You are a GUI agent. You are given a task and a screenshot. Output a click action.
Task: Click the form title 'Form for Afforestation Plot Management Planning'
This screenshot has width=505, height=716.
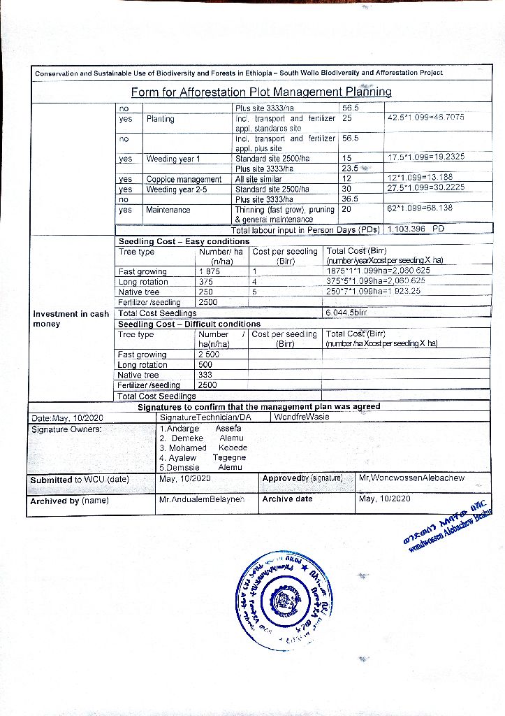pyautogui.click(x=261, y=92)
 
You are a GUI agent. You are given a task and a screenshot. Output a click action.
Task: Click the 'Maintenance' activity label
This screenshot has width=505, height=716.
pyautogui.click(x=168, y=210)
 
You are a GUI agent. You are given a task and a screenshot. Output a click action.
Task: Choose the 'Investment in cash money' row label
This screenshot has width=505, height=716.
pyautogui.click(x=71, y=319)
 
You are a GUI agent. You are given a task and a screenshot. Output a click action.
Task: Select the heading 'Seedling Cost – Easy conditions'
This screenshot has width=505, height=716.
pyautogui.click(x=179, y=241)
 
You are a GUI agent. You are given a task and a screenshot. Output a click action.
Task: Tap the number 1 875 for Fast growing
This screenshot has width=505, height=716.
pyautogui.click(x=210, y=271)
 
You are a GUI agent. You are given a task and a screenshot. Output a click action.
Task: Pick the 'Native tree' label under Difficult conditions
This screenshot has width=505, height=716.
pyautogui.click(x=138, y=375)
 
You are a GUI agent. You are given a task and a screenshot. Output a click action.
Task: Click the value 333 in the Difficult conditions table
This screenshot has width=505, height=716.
pyautogui.click(x=205, y=375)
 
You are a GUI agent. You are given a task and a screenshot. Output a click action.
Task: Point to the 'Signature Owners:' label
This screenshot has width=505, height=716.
pyautogui.click(x=67, y=429)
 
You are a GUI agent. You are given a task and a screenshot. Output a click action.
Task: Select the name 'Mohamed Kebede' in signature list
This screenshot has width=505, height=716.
pyautogui.click(x=203, y=447)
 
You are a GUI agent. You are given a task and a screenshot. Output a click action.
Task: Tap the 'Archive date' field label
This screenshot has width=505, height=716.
pyautogui.click(x=287, y=499)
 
